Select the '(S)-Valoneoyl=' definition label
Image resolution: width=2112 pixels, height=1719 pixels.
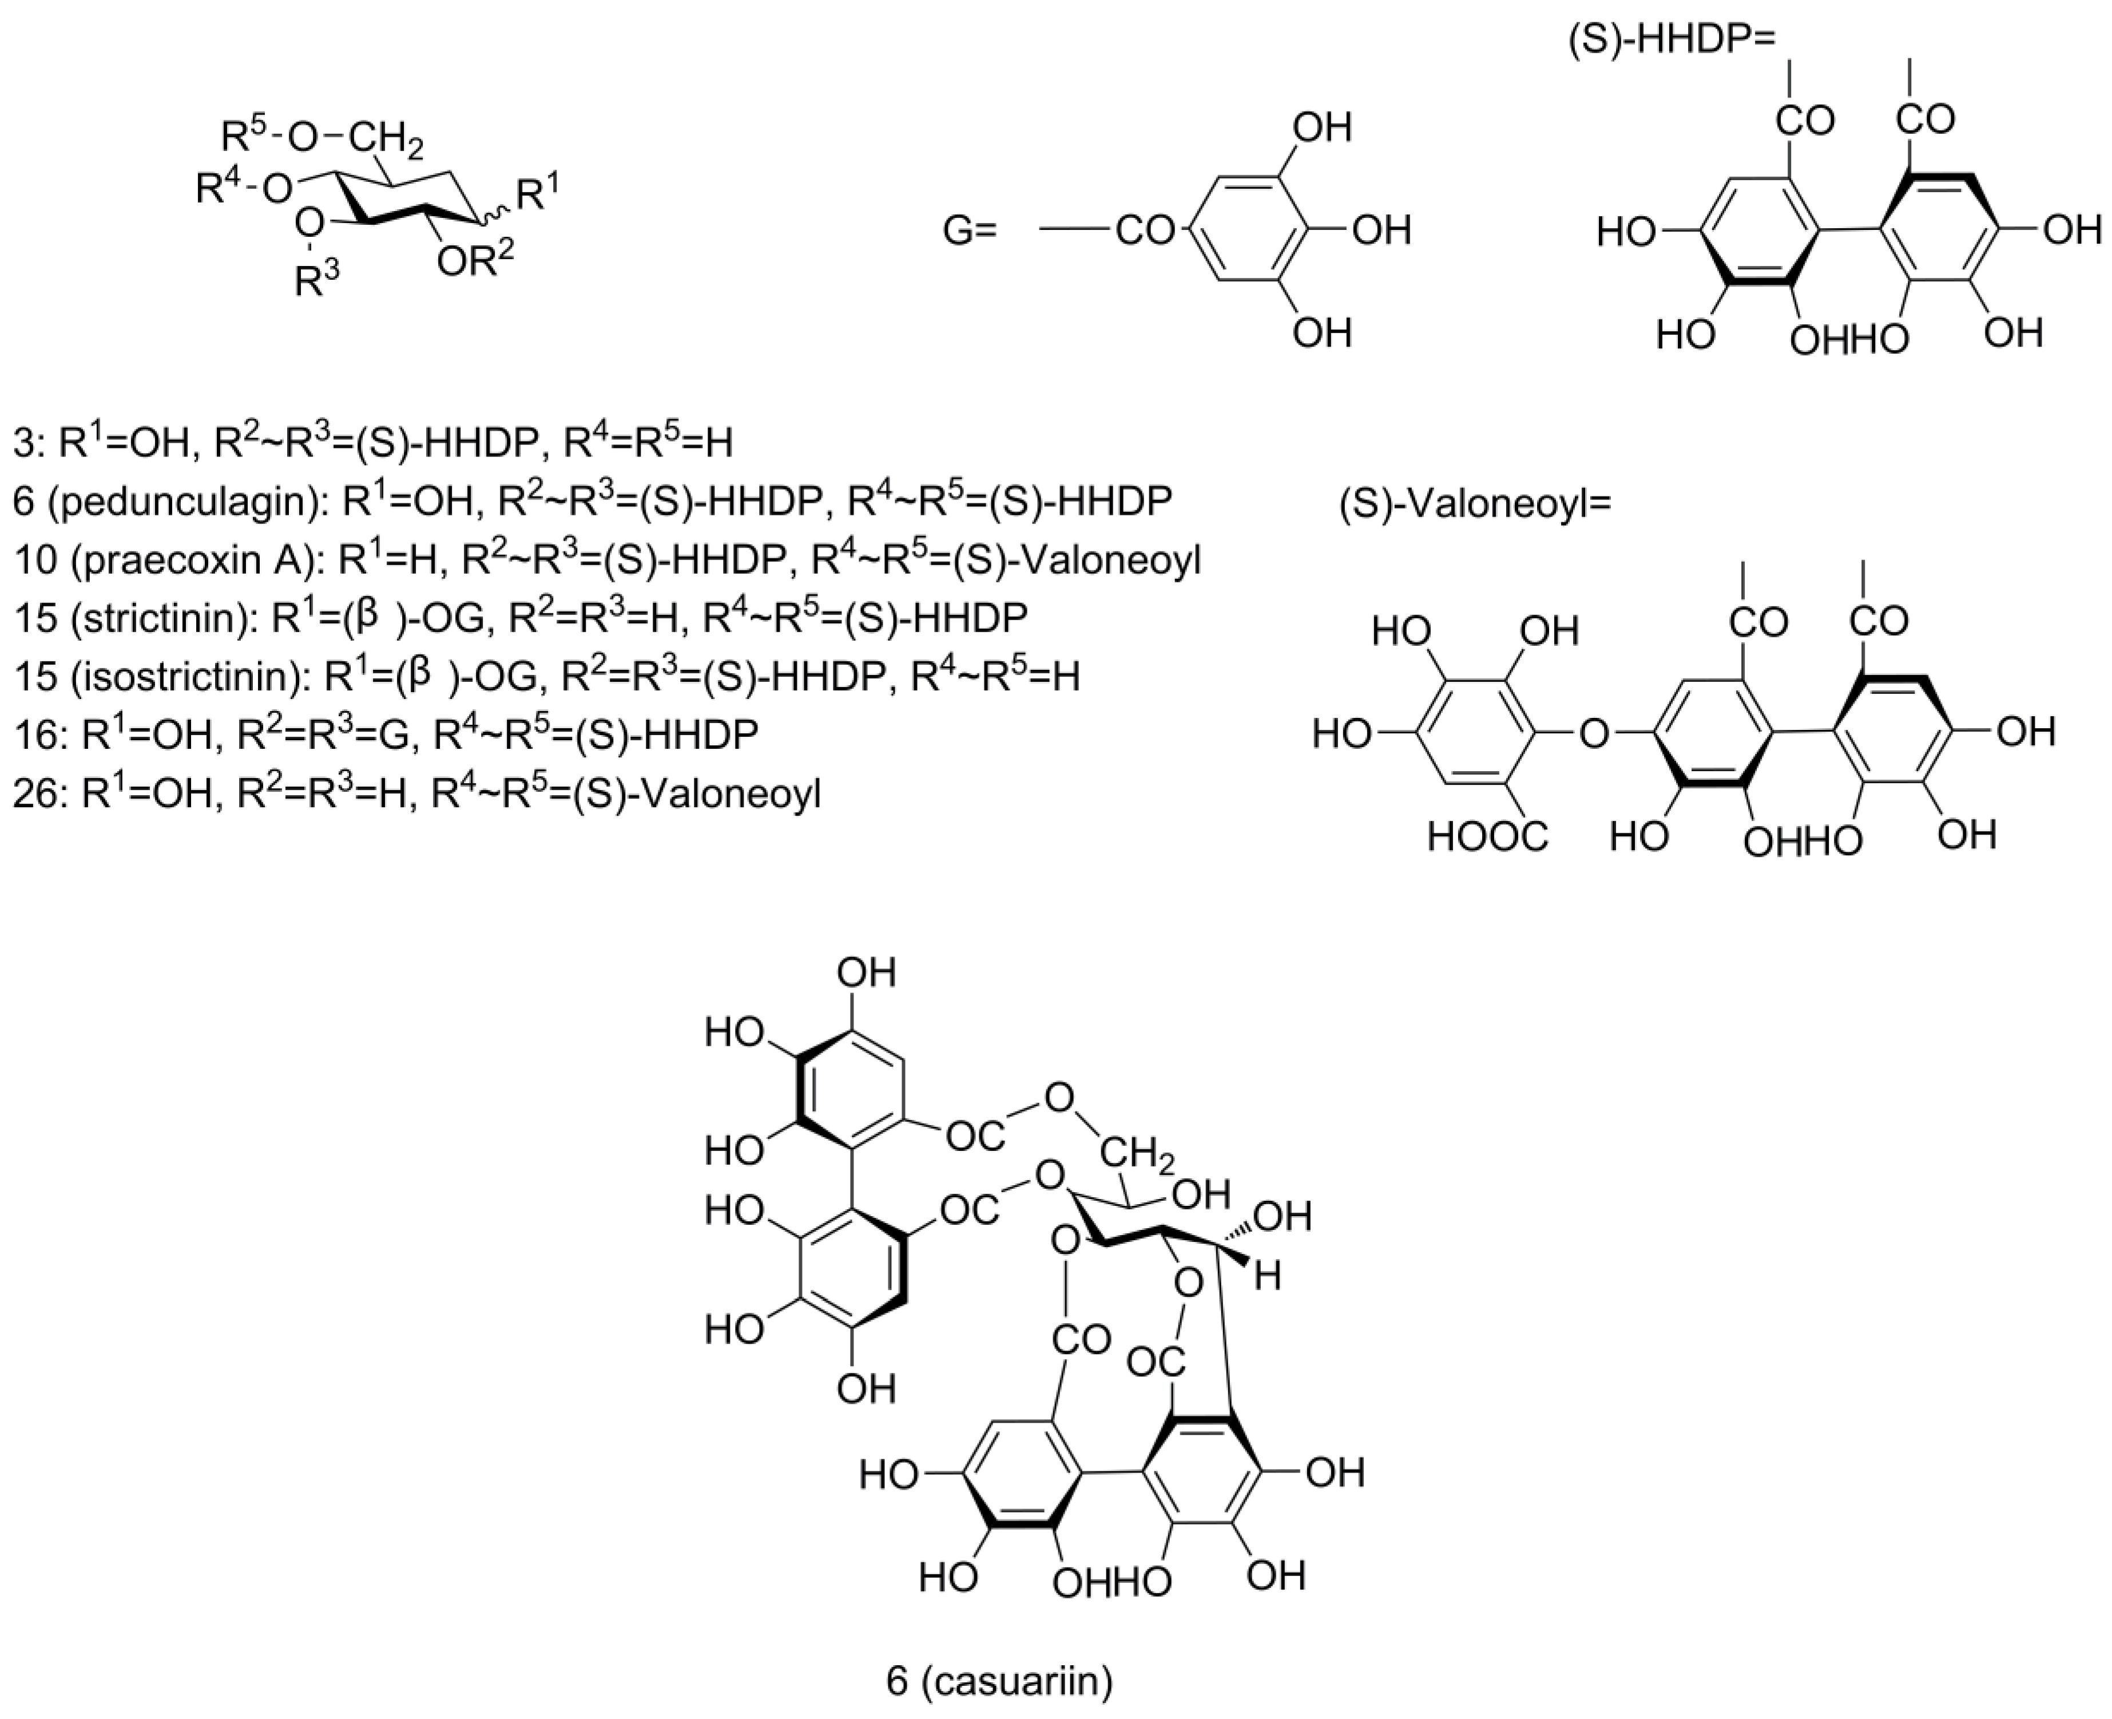[x=1475, y=505]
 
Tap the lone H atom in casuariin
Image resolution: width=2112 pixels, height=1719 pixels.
[x=1268, y=1276]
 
